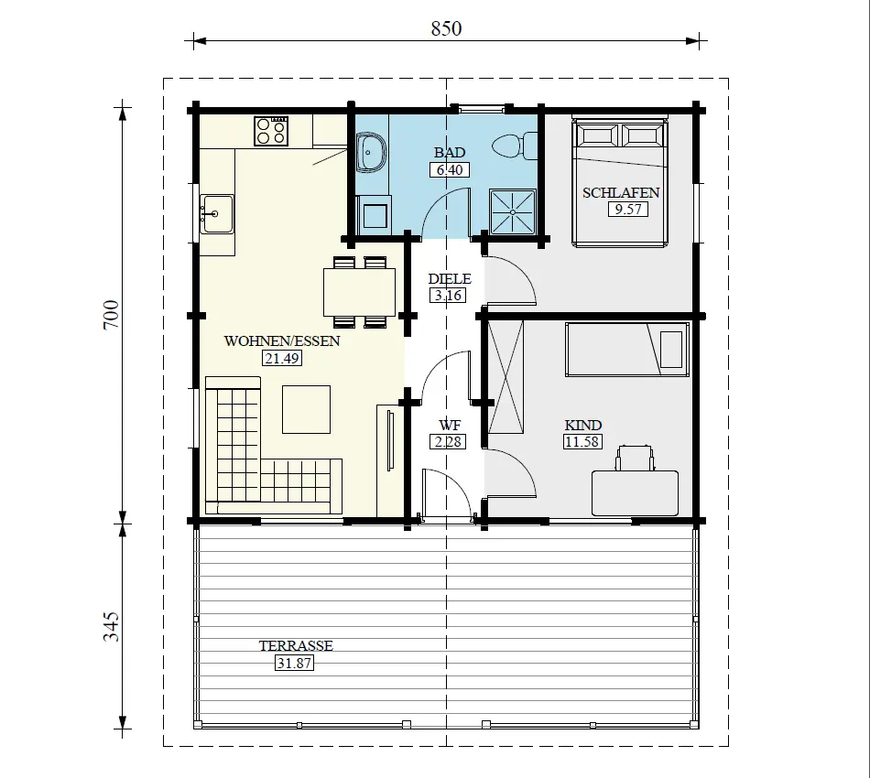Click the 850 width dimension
[x=446, y=27]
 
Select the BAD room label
[x=450, y=152]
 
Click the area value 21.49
[x=282, y=359]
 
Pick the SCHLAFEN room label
[x=621, y=193]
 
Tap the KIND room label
[x=582, y=426]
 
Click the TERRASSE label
[x=295, y=646]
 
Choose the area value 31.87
[x=294, y=663]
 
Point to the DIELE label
[x=450, y=279]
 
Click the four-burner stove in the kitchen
[x=272, y=132]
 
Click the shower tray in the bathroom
[x=513, y=211]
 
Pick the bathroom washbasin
[x=372, y=153]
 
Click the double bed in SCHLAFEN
[x=621, y=183]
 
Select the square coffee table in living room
[x=306, y=409]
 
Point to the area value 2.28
[x=449, y=442]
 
